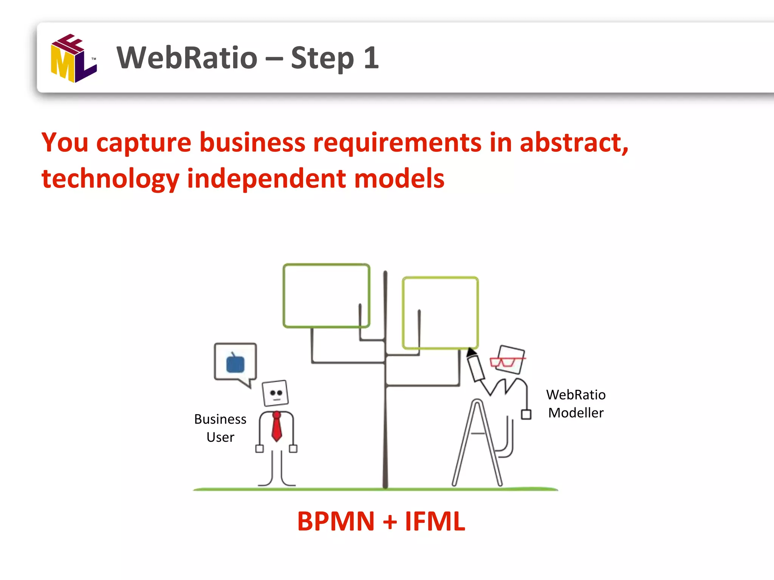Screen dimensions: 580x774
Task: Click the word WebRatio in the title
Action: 187,58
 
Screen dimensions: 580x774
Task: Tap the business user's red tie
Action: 277,427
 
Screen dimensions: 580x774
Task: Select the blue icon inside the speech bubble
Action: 235,364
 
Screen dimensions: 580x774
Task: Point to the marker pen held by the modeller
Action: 475,365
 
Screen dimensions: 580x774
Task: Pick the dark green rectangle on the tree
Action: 326,295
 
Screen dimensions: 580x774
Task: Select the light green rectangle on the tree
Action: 440,313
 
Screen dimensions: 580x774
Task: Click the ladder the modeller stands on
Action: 477,444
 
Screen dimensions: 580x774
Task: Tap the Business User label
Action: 220,428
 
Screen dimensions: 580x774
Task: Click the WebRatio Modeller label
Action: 576,404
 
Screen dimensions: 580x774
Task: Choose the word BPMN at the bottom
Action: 336,521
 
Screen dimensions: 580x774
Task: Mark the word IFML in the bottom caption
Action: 435,521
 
